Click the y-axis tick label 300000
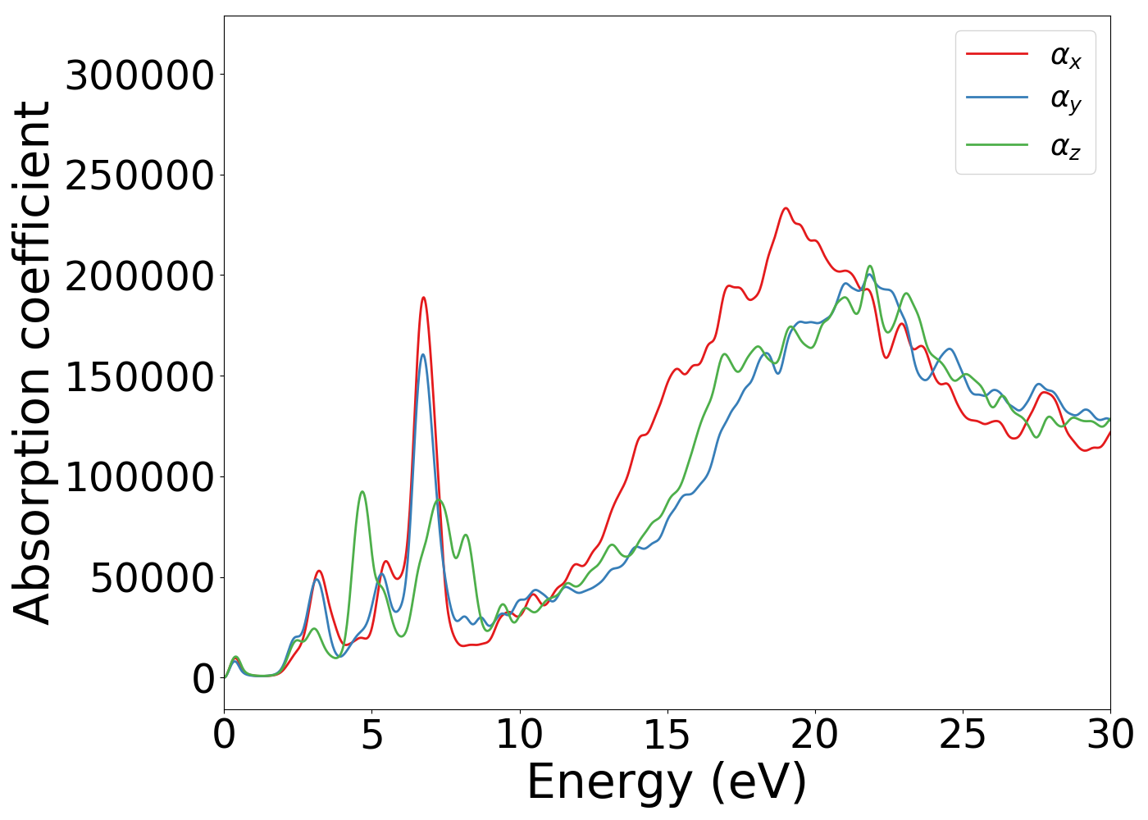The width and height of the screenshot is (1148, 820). tap(139, 76)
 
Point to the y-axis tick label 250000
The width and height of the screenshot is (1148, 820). tap(139, 176)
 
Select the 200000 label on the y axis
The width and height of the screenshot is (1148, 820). tap(139, 277)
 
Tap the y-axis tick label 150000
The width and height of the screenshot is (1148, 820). tap(139, 377)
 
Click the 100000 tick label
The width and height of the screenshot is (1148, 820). tap(139, 478)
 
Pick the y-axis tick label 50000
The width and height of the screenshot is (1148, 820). tap(153, 579)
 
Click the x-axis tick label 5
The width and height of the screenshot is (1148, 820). tap(372, 736)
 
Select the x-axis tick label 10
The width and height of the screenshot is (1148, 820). tap(520, 736)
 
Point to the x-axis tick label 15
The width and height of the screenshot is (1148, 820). tap(667, 736)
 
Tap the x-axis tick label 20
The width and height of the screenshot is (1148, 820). tap(815, 736)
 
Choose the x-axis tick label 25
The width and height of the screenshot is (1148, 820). tap(963, 736)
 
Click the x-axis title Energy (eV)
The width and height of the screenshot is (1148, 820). tap(667, 782)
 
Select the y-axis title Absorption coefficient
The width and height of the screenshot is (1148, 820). tap(33, 362)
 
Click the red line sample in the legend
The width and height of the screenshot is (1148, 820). tap(996, 54)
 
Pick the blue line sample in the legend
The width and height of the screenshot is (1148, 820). tap(996, 98)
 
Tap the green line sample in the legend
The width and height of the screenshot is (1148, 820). tap(996, 145)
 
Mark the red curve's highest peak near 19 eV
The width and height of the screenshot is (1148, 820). tap(786, 208)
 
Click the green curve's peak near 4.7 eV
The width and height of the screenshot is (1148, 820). tap(362, 492)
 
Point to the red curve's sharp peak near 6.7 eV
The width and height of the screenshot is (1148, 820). tap(423, 298)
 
